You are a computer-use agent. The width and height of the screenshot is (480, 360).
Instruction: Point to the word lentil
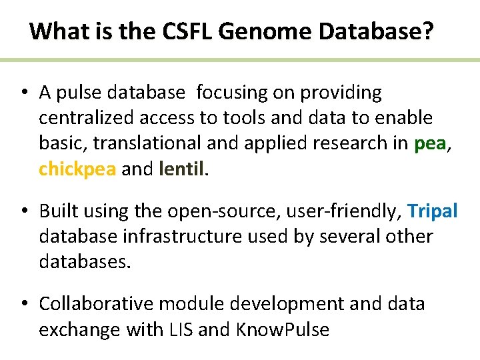[x=182, y=169]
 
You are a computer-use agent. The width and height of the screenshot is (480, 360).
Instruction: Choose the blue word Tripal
[x=433, y=211]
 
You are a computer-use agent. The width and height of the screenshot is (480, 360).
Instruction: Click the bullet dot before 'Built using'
[x=23, y=211]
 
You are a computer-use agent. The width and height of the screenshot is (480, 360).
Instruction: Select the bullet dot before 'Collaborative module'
[x=23, y=304]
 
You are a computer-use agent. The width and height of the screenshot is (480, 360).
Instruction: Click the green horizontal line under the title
[x=240, y=60]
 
